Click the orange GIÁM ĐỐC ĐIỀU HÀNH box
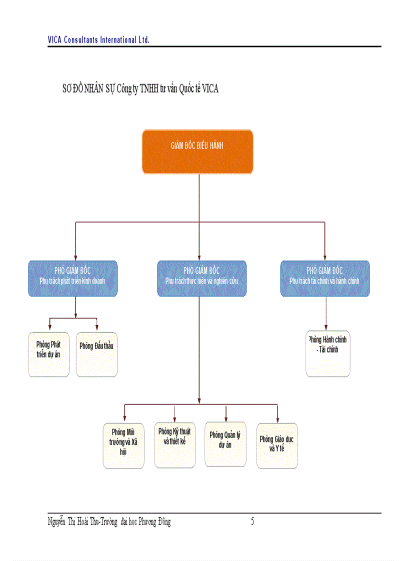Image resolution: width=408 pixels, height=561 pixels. pos(197,151)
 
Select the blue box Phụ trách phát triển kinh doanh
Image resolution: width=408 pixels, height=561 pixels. pos(72,278)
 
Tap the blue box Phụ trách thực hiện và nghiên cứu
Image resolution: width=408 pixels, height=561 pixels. pos(201,278)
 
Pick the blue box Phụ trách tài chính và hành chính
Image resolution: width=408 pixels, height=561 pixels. pos(324,278)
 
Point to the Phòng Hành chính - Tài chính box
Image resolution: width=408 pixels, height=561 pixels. pos(327,353)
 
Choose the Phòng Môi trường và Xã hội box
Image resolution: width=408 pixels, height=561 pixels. pos(123,446)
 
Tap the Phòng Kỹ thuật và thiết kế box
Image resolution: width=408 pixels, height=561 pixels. pos(174,445)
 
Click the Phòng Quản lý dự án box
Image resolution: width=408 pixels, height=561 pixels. pos(225,444)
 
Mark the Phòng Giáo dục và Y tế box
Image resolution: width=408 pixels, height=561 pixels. pos(277,446)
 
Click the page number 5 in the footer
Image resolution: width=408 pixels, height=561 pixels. pos(252,522)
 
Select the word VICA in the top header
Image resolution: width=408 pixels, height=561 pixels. pos(54,39)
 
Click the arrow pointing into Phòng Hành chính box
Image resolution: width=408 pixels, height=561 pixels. pos(326,326)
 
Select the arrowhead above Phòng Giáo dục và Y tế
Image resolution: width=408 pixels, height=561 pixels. pos(277,418)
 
